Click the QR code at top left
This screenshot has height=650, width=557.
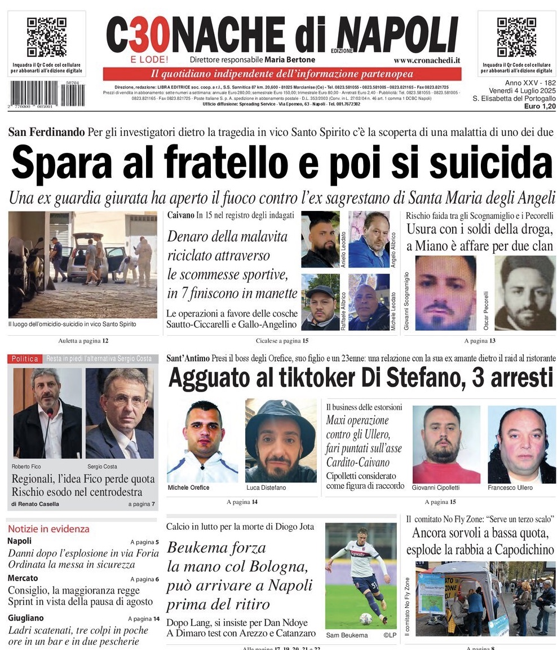pyautogui.click(x=47, y=37)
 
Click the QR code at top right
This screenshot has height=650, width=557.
pyautogui.click(x=516, y=37)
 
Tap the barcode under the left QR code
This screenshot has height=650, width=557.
pyautogui.click(x=47, y=94)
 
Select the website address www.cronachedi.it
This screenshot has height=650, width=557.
pyautogui.click(x=427, y=60)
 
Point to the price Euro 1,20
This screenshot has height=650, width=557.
pyautogui.click(x=540, y=106)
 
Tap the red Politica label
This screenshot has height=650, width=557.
pyautogui.click(x=25, y=359)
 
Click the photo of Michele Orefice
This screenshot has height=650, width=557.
pyautogui.click(x=202, y=440)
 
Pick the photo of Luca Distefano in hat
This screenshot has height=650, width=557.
pyautogui.click(x=280, y=440)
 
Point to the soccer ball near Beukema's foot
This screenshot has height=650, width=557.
pyautogui.click(x=366, y=618)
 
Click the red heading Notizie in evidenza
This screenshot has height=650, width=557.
pyautogui.click(x=48, y=529)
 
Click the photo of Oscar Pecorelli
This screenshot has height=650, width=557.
pyautogui.click(x=525, y=293)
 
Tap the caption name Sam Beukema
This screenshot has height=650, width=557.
pyautogui.click(x=347, y=635)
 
